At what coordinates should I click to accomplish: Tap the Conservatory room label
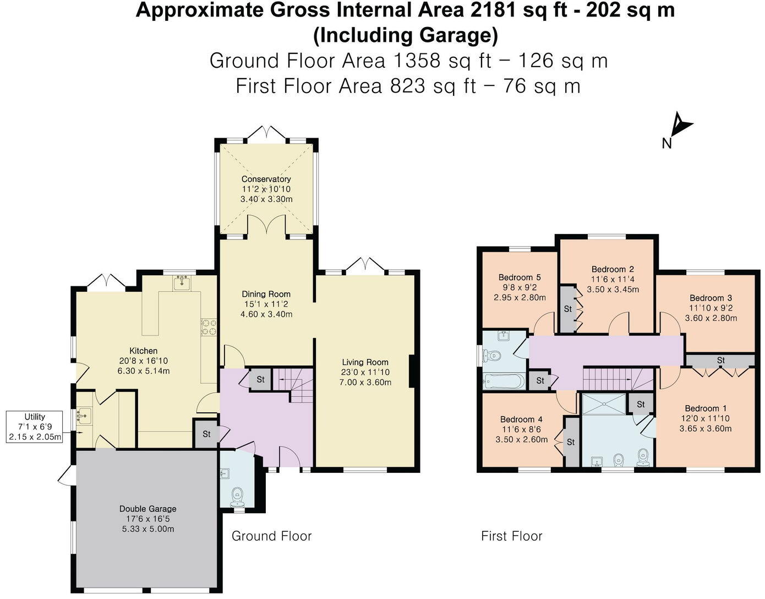click(266, 179)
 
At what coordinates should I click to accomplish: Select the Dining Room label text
click(266, 294)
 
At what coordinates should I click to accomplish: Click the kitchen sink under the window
click(181, 284)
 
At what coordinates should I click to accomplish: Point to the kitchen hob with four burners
click(209, 327)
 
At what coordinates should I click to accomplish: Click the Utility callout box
click(35, 427)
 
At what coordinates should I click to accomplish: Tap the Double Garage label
click(147, 509)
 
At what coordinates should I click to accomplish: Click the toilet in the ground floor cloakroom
click(238, 494)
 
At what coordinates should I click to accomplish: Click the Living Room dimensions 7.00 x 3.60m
click(365, 382)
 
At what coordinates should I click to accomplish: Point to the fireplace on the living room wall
click(411, 372)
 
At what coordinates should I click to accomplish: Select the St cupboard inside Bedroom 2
click(568, 309)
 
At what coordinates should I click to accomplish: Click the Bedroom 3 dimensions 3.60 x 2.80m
click(711, 318)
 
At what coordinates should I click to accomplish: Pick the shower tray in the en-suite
click(604, 403)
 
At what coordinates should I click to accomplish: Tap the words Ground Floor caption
click(271, 536)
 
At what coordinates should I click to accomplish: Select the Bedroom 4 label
click(522, 420)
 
